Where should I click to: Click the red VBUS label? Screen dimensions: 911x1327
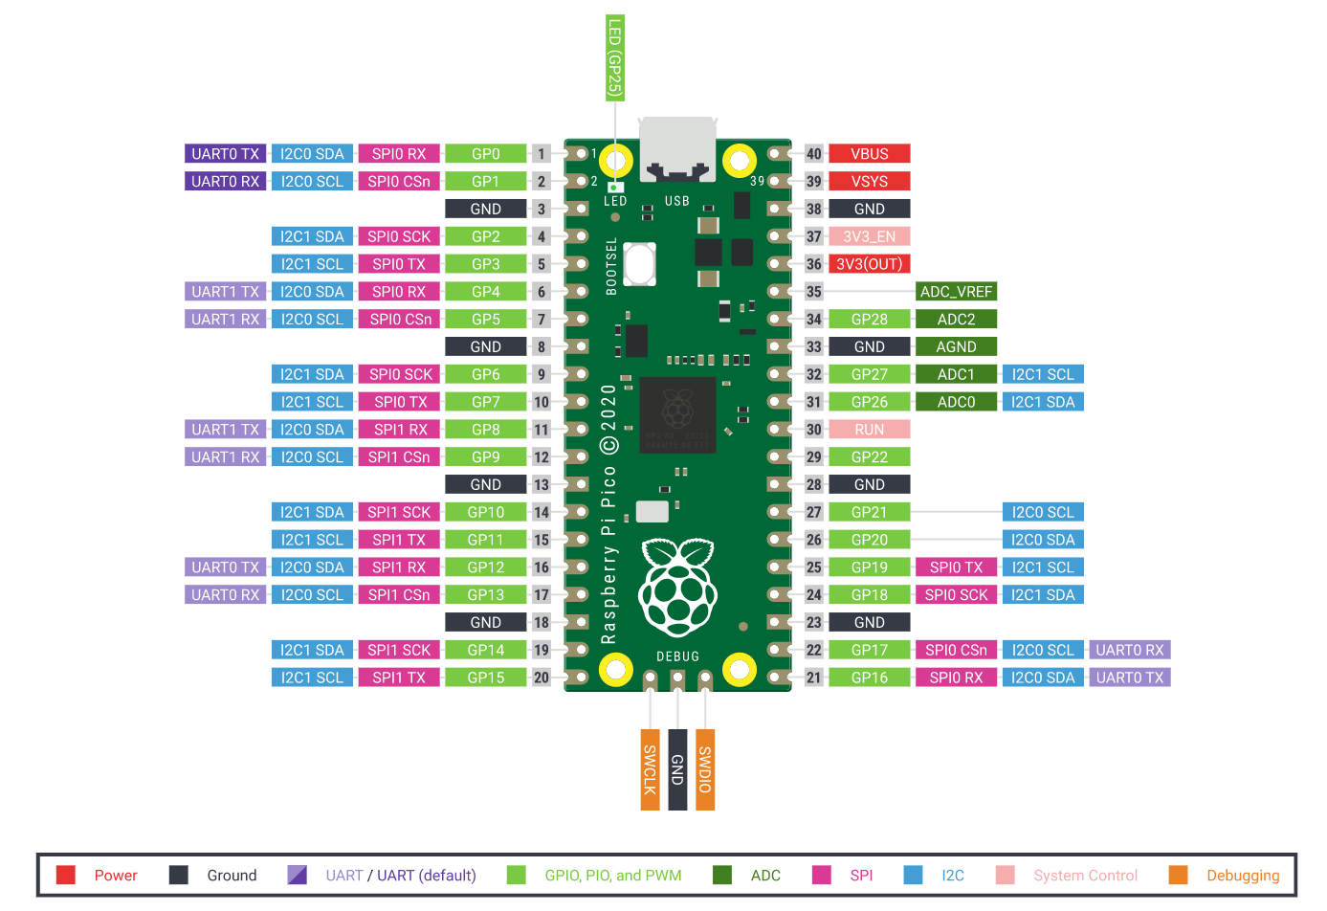click(x=869, y=154)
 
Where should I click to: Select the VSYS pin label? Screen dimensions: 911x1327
click(x=869, y=182)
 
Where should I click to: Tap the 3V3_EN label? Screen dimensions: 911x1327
click(x=869, y=236)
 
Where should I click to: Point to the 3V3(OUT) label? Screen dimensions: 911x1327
click(x=869, y=264)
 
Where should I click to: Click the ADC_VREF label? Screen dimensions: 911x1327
click(x=955, y=292)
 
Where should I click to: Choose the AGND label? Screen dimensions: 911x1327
click(x=955, y=347)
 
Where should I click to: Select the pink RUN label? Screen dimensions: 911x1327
click(x=869, y=430)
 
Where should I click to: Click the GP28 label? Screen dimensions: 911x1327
click(x=869, y=320)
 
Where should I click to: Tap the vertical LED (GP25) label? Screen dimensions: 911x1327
click(x=614, y=58)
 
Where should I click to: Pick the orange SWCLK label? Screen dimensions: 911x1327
click(x=650, y=769)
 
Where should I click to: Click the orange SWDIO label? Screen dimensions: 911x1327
click(x=705, y=769)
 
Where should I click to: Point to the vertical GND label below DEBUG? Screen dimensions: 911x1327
click(x=677, y=769)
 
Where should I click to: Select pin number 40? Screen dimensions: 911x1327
click(x=813, y=154)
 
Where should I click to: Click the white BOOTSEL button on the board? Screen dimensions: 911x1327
click(x=638, y=263)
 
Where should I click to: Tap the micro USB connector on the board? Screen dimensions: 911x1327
click(x=677, y=148)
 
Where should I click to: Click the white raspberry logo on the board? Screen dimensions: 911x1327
click(x=677, y=588)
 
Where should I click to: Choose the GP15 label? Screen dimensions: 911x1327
click(x=485, y=678)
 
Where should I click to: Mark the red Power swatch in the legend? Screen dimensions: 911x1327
click(x=66, y=875)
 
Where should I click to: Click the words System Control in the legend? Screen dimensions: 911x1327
click(x=1085, y=876)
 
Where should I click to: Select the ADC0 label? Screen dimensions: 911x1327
click(x=955, y=402)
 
